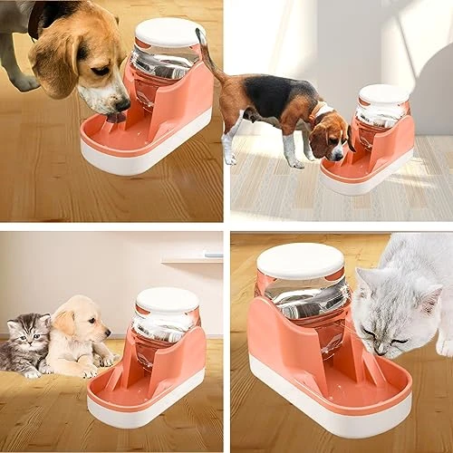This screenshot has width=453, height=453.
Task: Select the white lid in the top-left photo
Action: point(169,32)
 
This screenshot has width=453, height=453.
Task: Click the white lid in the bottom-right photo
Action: point(300,261)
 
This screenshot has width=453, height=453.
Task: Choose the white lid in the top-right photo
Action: point(384,94)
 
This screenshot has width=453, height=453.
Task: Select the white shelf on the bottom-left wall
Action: point(192,259)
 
